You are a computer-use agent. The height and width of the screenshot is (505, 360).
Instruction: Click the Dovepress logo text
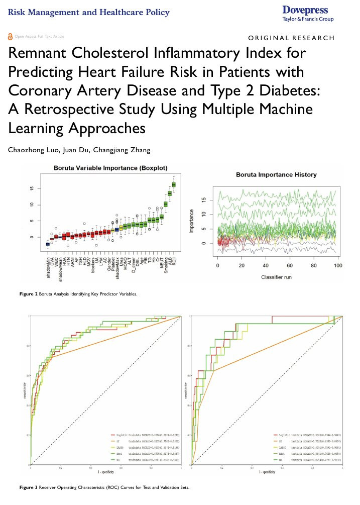pos(305,10)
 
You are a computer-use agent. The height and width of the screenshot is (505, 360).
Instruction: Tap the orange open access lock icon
pos(11,37)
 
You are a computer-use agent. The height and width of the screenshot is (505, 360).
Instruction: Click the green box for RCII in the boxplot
pos(174,184)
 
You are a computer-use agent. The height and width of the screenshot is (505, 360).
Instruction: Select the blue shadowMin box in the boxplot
pos(48,244)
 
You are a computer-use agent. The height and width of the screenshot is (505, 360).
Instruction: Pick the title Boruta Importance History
pos(276,175)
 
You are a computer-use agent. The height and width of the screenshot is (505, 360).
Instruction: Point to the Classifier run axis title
pos(277,276)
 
